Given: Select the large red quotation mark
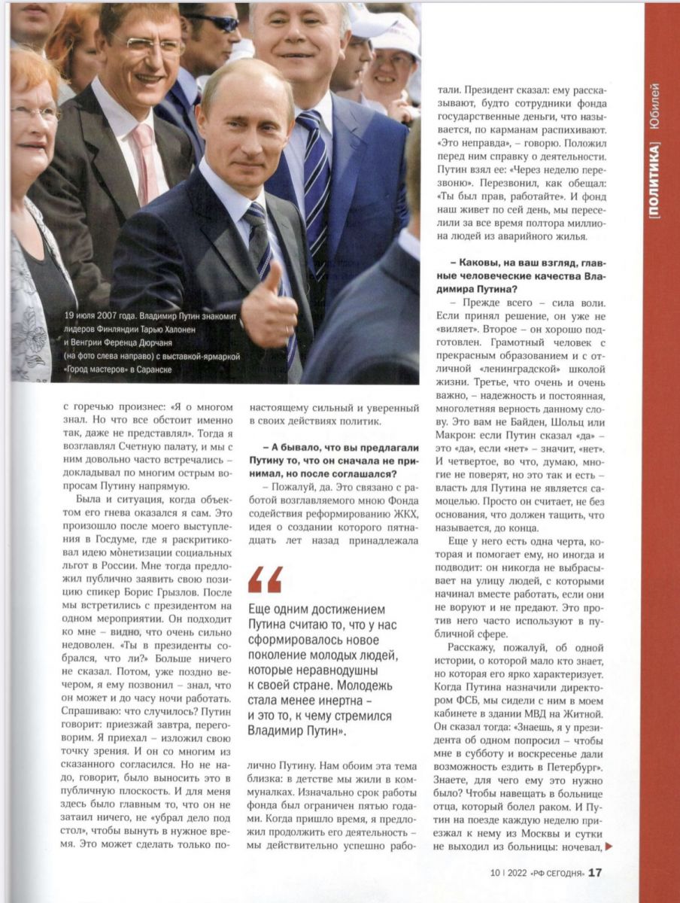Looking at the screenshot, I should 264,579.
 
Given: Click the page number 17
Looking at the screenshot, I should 595,872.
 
